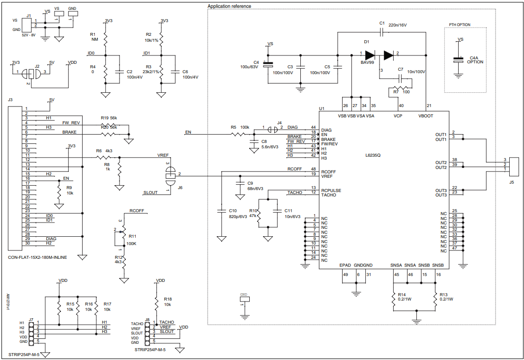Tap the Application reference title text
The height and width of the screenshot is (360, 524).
click(x=229, y=6)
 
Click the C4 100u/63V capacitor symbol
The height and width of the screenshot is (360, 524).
click(x=267, y=64)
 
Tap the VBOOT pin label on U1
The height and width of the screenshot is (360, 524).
click(x=426, y=116)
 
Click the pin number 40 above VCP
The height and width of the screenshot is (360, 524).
click(x=401, y=106)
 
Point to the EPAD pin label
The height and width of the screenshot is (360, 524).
click(x=345, y=265)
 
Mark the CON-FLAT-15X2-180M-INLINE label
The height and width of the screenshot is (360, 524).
click(x=37, y=257)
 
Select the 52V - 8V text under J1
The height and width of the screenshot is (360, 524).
click(x=29, y=35)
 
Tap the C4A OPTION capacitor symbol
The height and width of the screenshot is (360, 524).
click(x=458, y=59)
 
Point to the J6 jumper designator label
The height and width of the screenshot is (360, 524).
click(x=180, y=188)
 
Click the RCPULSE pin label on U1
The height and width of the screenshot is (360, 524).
click(x=331, y=190)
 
